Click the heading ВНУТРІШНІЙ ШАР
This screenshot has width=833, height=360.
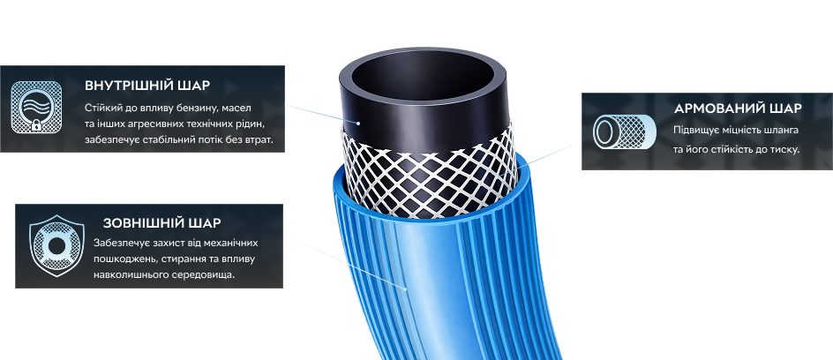pyautogui.click(x=147, y=86)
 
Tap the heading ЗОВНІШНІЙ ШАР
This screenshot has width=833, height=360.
pyautogui.click(x=162, y=223)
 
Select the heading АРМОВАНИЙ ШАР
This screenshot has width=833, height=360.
pyautogui.click(x=738, y=109)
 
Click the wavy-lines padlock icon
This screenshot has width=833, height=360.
pyautogui.click(x=36, y=108)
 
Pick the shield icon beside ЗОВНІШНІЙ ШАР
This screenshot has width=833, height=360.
pyautogui.click(x=56, y=245)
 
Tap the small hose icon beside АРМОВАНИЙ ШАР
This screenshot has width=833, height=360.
pyautogui.click(x=624, y=131)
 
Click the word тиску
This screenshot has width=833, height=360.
pyautogui.click(x=785, y=150)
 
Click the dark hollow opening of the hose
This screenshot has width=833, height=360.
pyautogui.click(x=424, y=74)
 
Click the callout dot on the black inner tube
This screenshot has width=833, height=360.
pyautogui.click(x=358, y=124)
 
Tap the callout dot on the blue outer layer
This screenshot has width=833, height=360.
pyautogui.click(x=405, y=289)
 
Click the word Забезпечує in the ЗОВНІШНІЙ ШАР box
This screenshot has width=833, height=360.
pyautogui.click(x=120, y=244)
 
